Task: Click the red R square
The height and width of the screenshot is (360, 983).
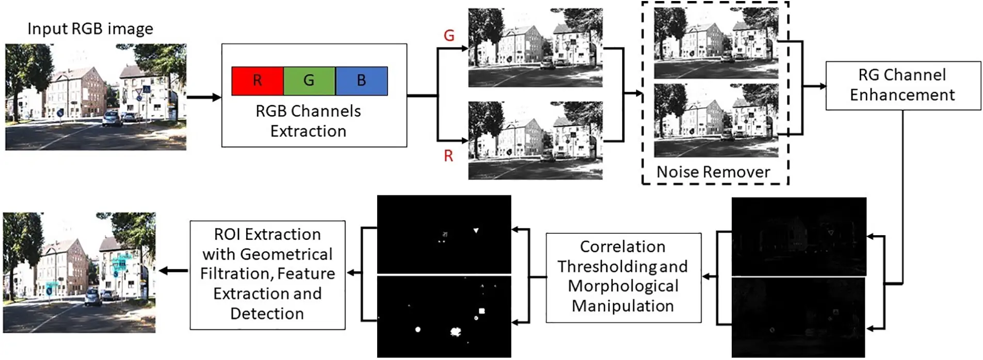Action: pos(257,80)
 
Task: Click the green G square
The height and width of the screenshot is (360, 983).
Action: pos(309,80)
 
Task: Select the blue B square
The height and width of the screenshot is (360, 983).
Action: pos(361,80)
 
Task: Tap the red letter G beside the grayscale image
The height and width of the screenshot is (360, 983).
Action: pos(449,36)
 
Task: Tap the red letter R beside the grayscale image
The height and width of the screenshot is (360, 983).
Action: pos(448,156)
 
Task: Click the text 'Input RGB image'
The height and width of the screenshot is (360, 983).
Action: pos(90,28)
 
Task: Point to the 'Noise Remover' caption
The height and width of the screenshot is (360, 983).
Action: pos(713,172)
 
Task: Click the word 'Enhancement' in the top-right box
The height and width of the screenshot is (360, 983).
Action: pos(902,95)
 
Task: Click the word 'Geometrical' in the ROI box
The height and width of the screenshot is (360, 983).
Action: pos(267,254)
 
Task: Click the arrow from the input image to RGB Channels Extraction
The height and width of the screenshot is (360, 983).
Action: pos(204,97)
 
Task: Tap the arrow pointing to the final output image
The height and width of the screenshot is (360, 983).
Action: pos(173,271)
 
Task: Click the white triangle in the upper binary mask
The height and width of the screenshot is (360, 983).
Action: pos(476,231)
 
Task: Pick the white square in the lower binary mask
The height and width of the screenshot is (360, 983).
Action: pos(481,311)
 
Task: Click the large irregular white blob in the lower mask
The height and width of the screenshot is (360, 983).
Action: pos(456,332)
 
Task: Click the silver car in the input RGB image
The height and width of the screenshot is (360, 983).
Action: pos(111,119)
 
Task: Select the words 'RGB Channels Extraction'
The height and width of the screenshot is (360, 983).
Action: pos(308,121)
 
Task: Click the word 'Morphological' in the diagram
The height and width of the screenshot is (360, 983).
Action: pos(623,286)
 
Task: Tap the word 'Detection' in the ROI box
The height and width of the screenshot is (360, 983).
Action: pos(267,314)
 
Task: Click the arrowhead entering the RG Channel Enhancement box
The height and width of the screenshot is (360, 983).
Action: pos(821,86)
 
